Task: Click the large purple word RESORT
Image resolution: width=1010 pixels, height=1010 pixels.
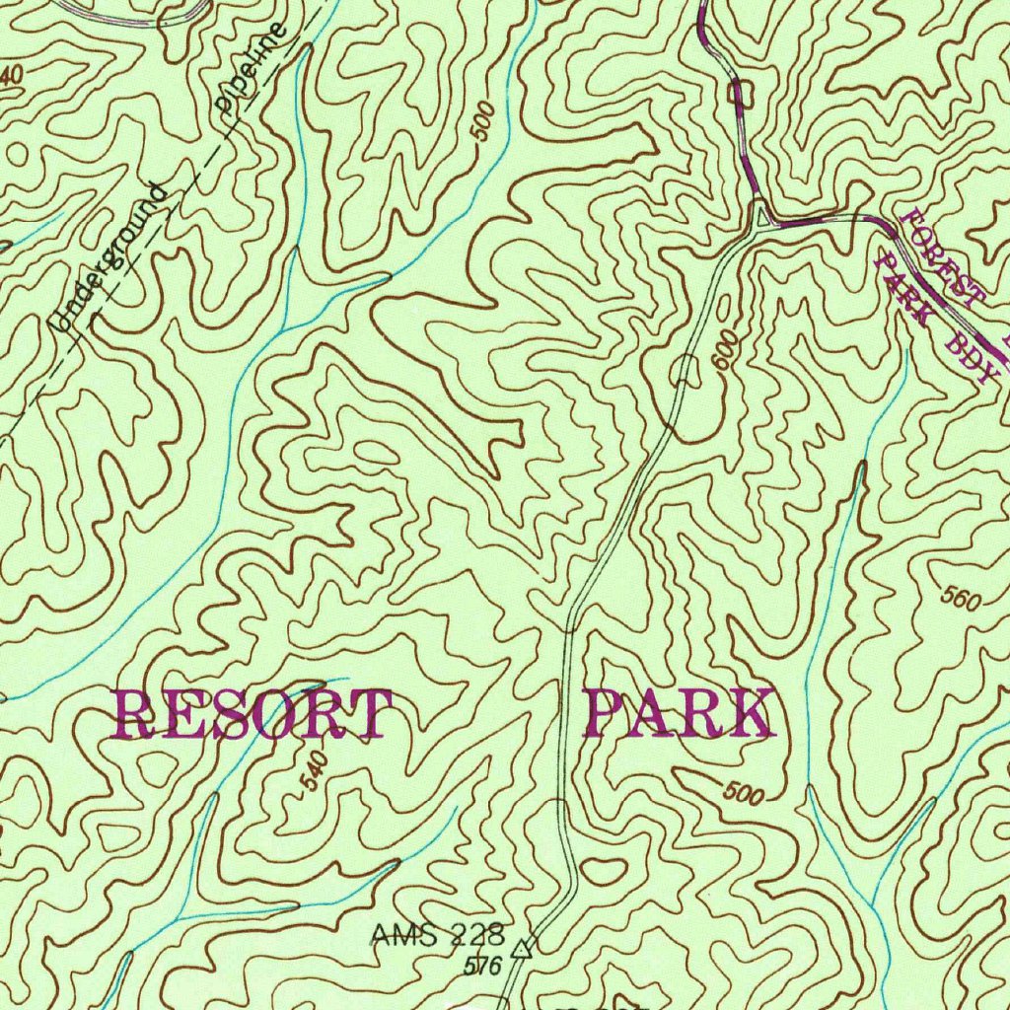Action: click(253, 715)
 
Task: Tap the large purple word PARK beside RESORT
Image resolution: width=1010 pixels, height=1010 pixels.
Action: click(679, 715)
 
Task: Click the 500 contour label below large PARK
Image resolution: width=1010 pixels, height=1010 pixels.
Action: click(743, 792)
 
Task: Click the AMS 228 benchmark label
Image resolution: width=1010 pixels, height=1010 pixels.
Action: click(437, 933)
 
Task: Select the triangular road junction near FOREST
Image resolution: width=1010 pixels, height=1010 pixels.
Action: click(759, 215)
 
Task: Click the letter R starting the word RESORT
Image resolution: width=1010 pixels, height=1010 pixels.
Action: click(135, 715)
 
